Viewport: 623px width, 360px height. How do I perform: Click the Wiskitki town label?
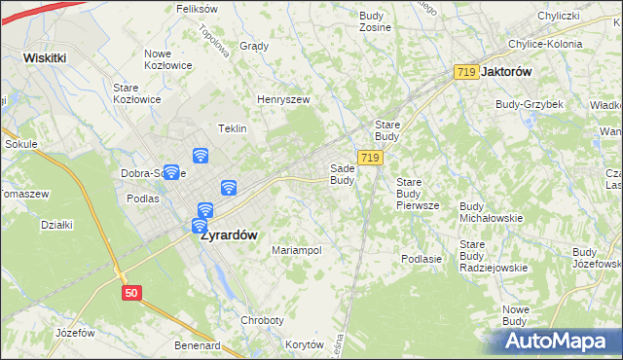point(45,57)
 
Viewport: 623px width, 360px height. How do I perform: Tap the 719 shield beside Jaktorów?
point(466,72)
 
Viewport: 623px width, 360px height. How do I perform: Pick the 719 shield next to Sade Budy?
point(369,157)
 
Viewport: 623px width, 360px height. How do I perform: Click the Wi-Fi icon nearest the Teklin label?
point(201,155)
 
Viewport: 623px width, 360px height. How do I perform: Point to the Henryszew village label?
point(282,99)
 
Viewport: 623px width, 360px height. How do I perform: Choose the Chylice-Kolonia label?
point(545,44)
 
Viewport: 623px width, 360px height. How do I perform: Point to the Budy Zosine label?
point(375,21)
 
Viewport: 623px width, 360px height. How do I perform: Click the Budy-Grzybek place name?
point(529,104)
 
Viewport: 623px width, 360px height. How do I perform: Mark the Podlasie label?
point(421,259)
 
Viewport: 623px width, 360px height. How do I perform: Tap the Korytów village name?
point(305,344)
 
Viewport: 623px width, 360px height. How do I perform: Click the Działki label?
point(56,225)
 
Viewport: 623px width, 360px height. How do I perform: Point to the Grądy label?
point(253,46)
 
